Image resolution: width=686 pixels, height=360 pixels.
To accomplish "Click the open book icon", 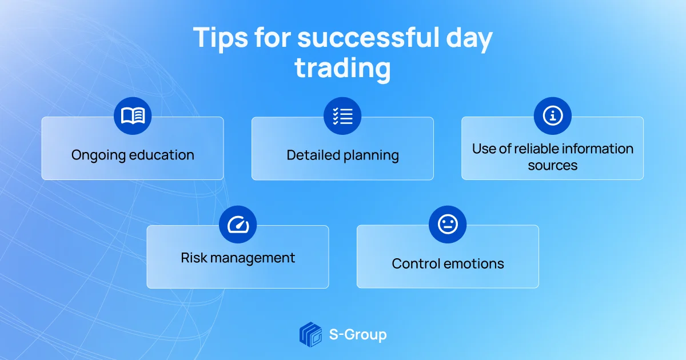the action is [x=133, y=115].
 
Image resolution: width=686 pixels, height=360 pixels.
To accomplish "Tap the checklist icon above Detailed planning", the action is [x=342, y=116].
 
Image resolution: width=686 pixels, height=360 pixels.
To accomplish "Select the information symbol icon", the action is [x=552, y=115].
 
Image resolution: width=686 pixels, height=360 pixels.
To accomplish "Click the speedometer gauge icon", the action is [x=238, y=225].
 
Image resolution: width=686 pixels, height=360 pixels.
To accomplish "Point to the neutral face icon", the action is [x=448, y=224].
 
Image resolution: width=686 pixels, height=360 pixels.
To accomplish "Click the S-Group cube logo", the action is [x=310, y=334].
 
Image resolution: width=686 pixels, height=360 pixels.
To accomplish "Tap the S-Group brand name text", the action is [x=358, y=335].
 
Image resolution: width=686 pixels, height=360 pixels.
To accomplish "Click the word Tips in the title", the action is [x=220, y=37].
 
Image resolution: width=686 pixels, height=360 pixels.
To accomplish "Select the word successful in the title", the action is [x=368, y=37].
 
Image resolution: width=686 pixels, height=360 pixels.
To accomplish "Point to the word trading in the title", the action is [x=342, y=68].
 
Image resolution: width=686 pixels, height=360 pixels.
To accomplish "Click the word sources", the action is [x=552, y=166].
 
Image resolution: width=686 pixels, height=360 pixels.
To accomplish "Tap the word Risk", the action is [x=194, y=258].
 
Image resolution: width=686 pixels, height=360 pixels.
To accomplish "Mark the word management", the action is [x=253, y=258].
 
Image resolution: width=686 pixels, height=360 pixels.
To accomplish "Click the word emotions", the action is [x=473, y=264].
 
